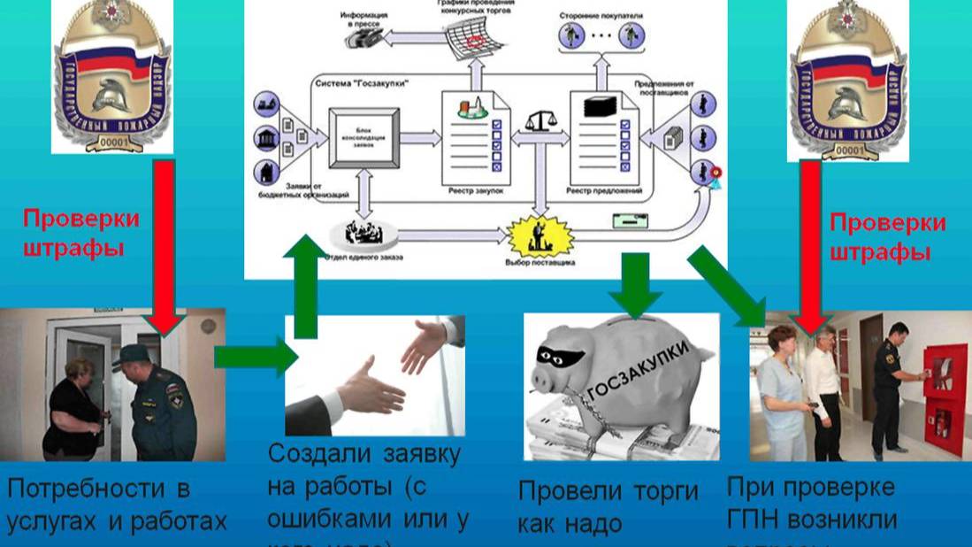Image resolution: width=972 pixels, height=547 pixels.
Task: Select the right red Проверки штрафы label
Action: [x=888, y=236]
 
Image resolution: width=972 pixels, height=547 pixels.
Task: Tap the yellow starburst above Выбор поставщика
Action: [x=540, y=235]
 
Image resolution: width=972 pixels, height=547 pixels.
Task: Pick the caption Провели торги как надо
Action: [x=608, y=506]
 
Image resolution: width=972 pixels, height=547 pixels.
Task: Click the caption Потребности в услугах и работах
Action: [x=115, y=505]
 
